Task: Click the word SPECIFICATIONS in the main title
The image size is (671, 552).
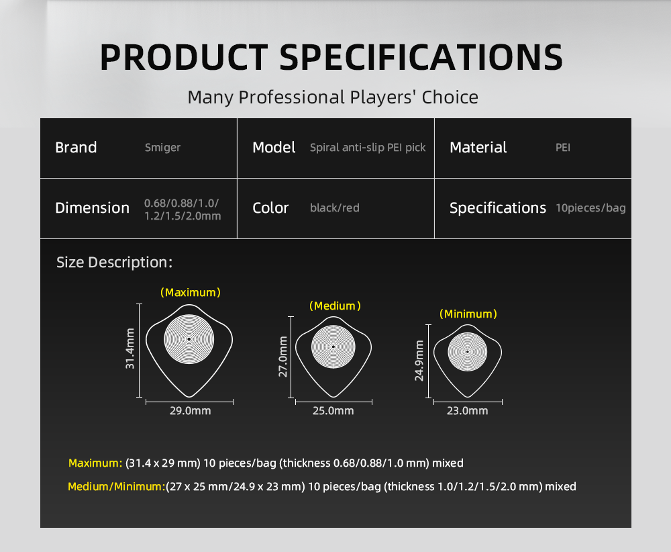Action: pyautogui.click(x=421, y=57)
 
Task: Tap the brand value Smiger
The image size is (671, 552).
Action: pyautogui.click(x=162, y=148)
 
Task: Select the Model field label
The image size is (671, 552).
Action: pyautogui.click(x=274, y=147)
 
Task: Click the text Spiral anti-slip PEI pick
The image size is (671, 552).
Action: pyautogui.click(x=368, y=147)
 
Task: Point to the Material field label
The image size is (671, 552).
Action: pyautogui.click(x=478, y=147)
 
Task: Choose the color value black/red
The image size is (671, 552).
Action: pyautogui.click(x=335, y=208)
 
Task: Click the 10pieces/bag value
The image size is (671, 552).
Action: pyautogui.click(x=590, y=208)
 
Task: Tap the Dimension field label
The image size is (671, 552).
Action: pyautogui.click(x=93, y=208)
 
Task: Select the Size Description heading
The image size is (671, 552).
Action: pyautogui.click(x=114, y=262)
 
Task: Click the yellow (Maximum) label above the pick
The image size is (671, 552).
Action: pyautogui.click(x=191, y=293)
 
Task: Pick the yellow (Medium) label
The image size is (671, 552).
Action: pyautogui.click(x=335, y=306)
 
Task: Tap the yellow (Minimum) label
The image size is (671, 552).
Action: pyautogui.click(x=468, y=314)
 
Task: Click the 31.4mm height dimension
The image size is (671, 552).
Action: pyautogui.click(x=130, y=349)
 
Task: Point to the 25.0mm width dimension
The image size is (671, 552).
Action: pyautogui.click(x=333, y=411)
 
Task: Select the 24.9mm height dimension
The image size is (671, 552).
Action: pyautogui.click(x=419, y=361)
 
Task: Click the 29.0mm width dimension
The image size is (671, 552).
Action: pyautogui.click(x=190, y=411)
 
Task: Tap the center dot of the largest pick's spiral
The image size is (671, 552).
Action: pyautogui.click(x=189, y=339)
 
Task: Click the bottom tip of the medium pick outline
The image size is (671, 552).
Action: pyautogui.click(x=333, y=397)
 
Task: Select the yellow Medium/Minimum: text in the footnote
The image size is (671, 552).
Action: pyautogui.click(x=116, y=486)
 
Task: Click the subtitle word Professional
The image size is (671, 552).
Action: pyautogui.click(x=292, y=97)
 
